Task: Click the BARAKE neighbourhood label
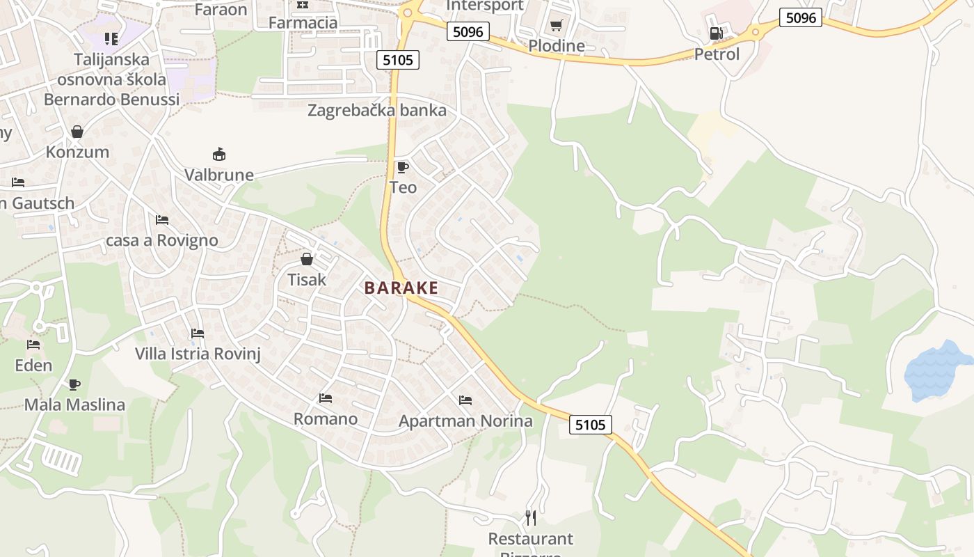pyautogui.click(x=401, y=288)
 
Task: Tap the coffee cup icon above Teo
pyautogui.click(x=402, y=167)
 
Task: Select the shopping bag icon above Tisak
pyautogui.click(x=306, y=259)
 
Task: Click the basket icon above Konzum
pyautogui.click(x=77, y=132)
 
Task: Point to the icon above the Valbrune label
pyautogui.click(x=219, y=154)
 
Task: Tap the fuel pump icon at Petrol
pyautogui.click(x=715, y=33)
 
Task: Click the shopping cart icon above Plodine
pyautogui.click(x=556, y=26)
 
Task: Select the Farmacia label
pyautogui.click(x=303, y=22)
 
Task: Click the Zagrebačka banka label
pyautogui.click(x=377, y=110)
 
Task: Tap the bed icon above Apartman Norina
pyautogui.click(x=465, y=400)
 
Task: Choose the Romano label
pyautogui.click(x=326, y=418)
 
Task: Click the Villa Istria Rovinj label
pyautogui.click(x=198, y=354)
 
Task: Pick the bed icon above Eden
pyautogui.click(x=33, y=345)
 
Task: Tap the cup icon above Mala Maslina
pyautogui.click(x=74, y=384)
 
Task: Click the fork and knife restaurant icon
pyautogui.click(x=531, y=518)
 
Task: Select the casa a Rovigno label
pyautogui.click(x=161, y=240)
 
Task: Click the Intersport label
pyautogui.click(x=484, y=6)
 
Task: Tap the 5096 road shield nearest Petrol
pyautogui.click(x=800, y=17)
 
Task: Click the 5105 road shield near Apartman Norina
pyautogui.click(x=591, y=424)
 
